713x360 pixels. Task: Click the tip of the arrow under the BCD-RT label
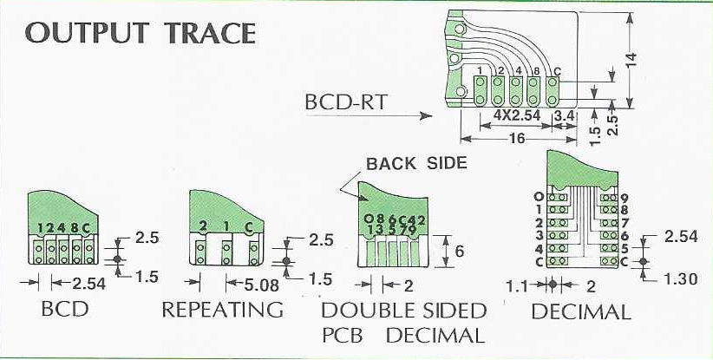pos(432,115)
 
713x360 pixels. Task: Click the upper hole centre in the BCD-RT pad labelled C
pos(552,82)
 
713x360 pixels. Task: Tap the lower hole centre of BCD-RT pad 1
pos(480,99)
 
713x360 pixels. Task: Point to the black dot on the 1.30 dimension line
pos(643,261)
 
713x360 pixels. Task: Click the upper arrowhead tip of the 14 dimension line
pos(630,13)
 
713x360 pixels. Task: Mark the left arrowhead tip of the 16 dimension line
pos(461,138)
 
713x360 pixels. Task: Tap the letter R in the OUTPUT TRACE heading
pos(190,33)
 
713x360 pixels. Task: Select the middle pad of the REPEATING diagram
pos(226,252)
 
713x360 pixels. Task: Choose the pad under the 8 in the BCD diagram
pos(76,252)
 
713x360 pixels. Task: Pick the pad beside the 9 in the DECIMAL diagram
pos(608,197)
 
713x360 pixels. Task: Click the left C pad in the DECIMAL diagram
pos(558,261)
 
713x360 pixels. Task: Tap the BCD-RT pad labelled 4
pos(515,91)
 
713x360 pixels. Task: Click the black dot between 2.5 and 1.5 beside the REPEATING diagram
pos(285,261)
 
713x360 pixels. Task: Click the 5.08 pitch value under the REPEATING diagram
pos(261,285)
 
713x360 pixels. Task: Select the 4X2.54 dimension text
pos(517,115)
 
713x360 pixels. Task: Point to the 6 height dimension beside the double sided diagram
pos(460,251)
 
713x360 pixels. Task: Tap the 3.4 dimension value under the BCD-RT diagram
pos(565,115)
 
